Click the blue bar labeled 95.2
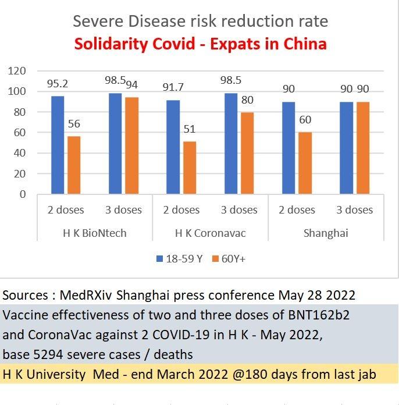[58, 145]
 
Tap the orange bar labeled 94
[132, 145]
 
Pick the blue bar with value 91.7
[173, 147]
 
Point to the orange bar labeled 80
[248, 152]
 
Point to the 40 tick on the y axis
[20, 153]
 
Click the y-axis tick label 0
[23, 194]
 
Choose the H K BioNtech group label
[95, 233]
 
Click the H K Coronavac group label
[211, 233]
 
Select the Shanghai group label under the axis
[326, 233]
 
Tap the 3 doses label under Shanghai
[355, 209]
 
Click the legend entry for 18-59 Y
[179, 258]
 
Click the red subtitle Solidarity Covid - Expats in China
[199, 44]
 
